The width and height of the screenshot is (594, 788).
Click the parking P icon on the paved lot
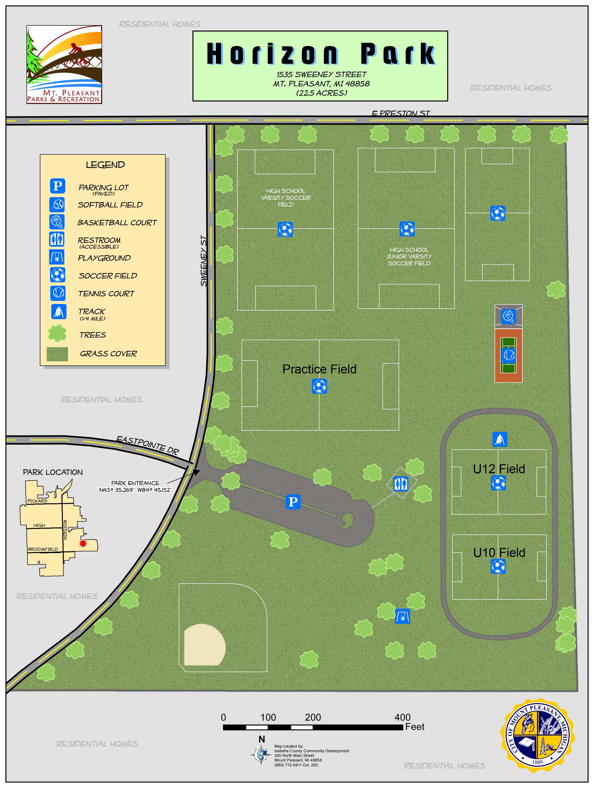(293, 502)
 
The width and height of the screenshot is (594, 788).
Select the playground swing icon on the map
(403, 616)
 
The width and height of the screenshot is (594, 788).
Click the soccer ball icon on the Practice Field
(319, 386)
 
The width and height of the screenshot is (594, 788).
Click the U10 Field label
(499, 553)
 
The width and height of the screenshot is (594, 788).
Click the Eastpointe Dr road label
(148, 445)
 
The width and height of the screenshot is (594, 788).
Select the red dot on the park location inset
(83, 543)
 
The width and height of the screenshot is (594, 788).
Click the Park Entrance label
(135, 483)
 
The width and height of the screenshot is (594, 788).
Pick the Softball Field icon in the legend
(57, 204)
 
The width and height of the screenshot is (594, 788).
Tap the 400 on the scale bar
(402, 717)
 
